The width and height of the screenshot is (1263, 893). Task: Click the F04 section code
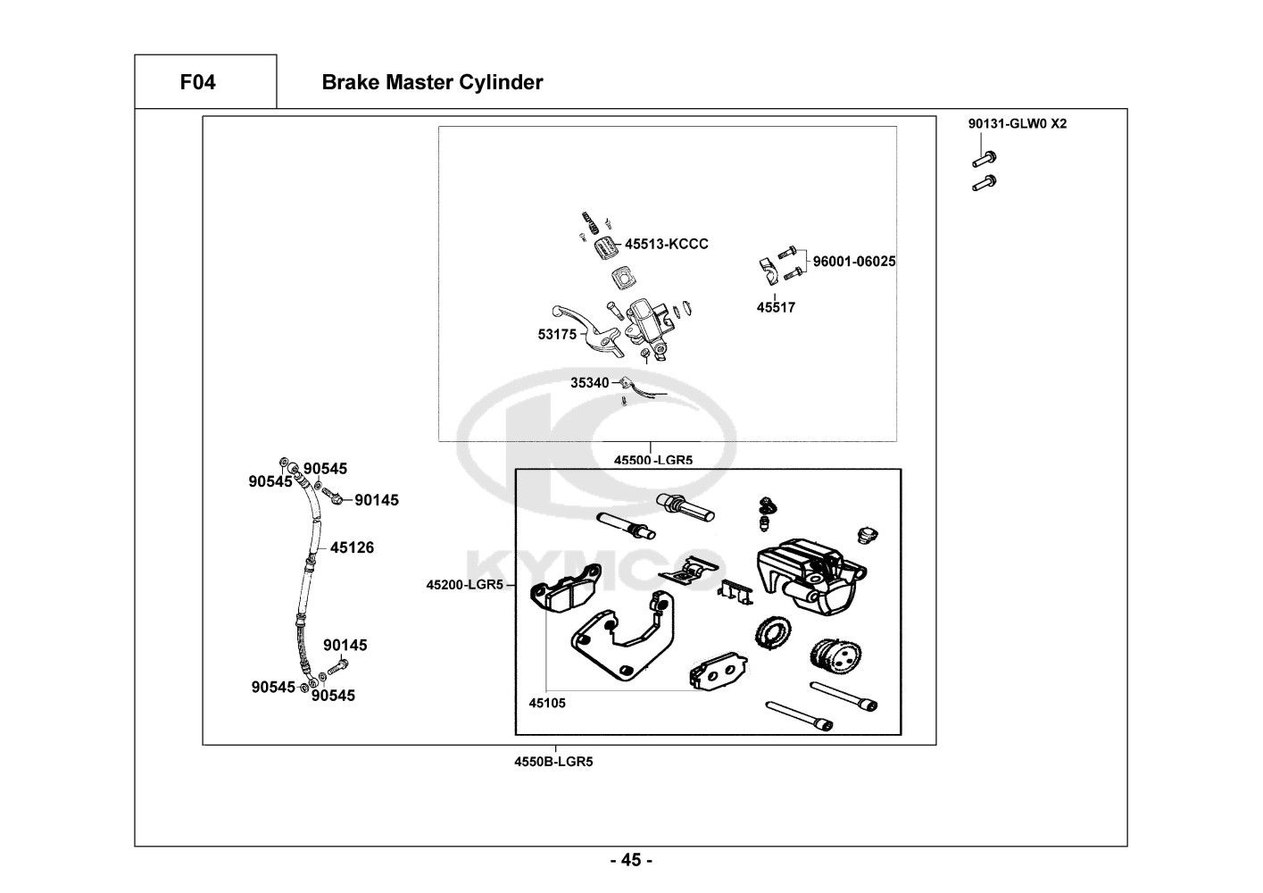tap(197, 83)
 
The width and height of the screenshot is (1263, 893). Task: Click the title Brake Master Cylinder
tap(432, 83)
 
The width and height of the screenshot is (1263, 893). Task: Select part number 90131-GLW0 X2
tap(1017, 124)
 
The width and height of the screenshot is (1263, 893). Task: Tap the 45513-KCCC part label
tap(666, 244)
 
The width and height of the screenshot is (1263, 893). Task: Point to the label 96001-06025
tap(853, 262)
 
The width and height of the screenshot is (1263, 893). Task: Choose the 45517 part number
tap(776, 307)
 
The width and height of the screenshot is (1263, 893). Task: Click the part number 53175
tap(557, 335)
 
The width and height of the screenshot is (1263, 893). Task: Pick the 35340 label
tap(590, 383)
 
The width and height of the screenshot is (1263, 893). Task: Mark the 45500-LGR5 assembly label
tap(653, 460)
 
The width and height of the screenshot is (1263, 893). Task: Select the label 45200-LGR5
tap(465, 585)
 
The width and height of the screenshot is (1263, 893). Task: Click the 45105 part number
tap(547, 703)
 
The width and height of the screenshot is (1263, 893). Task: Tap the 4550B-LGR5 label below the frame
tap(553, 762)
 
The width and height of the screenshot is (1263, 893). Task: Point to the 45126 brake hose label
tap(352, 547)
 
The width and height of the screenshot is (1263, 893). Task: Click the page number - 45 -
tap(631, 861)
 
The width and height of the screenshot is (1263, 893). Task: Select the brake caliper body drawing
tap(808, 574)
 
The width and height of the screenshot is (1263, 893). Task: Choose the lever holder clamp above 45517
tap(768, 266)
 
